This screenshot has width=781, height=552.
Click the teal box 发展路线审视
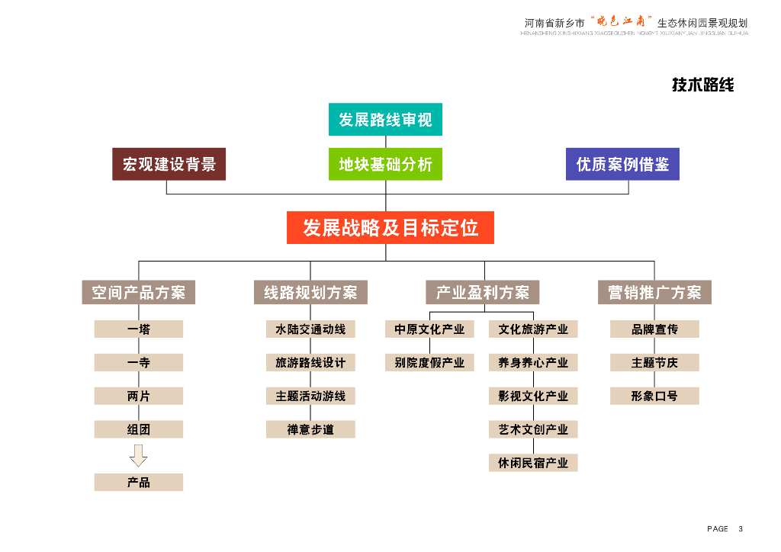click(385, 120)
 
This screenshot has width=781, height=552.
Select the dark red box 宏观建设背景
click(169, 164)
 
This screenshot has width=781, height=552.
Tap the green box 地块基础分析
click(385, 164)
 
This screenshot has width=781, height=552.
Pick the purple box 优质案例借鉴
click(622, 164)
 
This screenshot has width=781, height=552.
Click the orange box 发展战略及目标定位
click(390, 228)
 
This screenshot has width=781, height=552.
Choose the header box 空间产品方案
click(138, 293)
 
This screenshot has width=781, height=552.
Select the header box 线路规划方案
click(310, 293)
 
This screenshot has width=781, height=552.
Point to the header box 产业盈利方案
click(482, 293)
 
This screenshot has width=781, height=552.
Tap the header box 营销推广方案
click(654, 293)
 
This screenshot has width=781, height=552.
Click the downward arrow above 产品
click(139, 455)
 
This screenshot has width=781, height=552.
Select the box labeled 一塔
click(139, 329)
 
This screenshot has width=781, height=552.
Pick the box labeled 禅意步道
click(310, 429)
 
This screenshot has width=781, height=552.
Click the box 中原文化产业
click(429, 329)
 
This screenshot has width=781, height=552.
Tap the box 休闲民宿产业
click(533, 463)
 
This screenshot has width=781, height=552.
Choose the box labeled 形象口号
click(654, 396)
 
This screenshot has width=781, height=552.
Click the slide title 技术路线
click(702, 85)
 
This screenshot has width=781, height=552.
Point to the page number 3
click(741, 529)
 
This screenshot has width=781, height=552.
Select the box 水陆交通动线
click(310, 329)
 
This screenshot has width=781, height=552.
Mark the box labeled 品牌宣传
click(654, 329)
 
